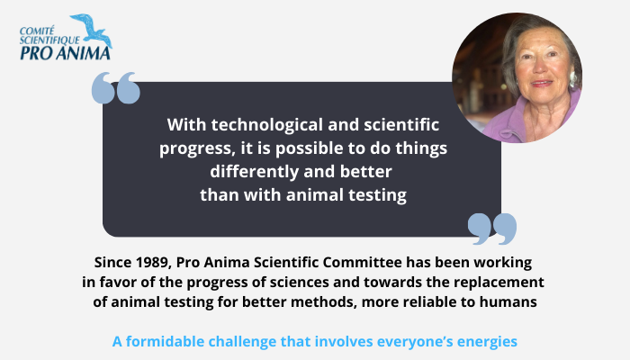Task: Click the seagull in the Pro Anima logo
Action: pyautogui.click(x=94, y=31)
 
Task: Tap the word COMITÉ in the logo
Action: pyautogui.click(x=37, y=31)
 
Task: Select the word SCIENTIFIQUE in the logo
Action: pyautogui.click(x=49, y=40)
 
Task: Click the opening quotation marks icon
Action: pyautogui.click(x=116, y=88)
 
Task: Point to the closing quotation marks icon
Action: pyautogui.click(x=492, y=229)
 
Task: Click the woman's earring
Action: pyautogui.click(x=572, y=79)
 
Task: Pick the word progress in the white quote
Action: pyautogui.click(x=195, y=149)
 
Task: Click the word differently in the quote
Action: pyautogui.click(x=255, y=172)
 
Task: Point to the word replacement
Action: pyautogui.click(x=499, y=283)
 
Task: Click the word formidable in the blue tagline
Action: pyautogui.click(x=165, y=341)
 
